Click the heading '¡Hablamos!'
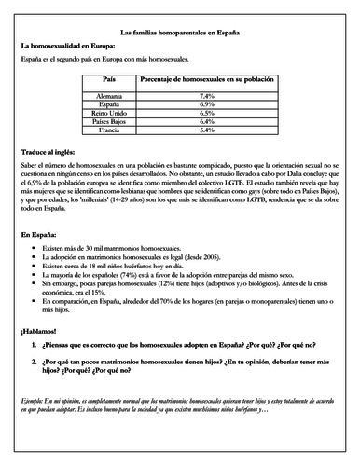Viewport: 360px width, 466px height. pos(40,333)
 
